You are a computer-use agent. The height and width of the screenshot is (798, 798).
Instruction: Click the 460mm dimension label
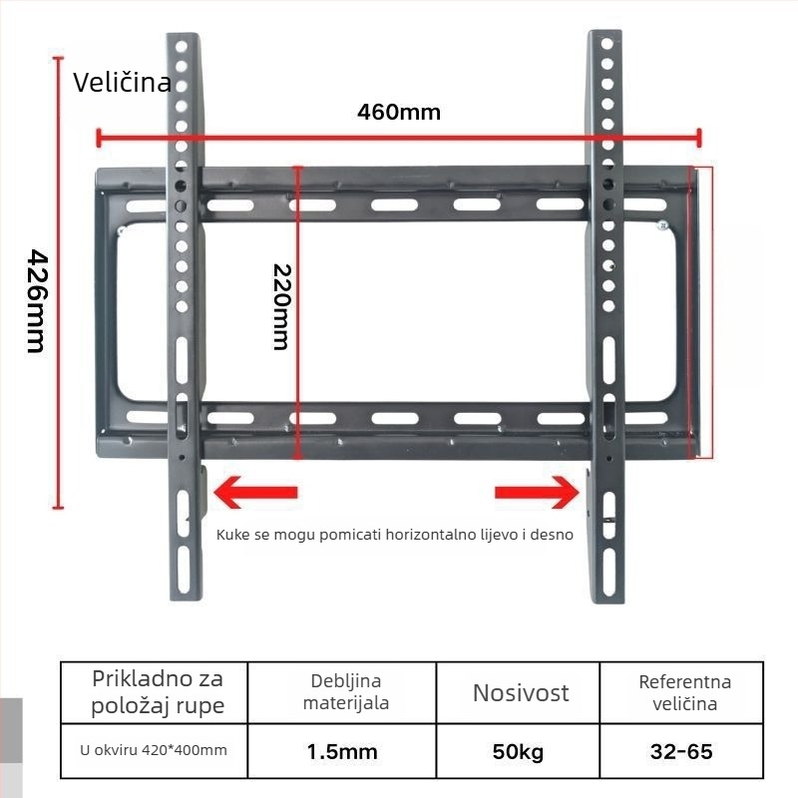[x=398, y=111]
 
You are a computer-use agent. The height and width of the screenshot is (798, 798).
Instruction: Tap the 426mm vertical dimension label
[x=36, y=299]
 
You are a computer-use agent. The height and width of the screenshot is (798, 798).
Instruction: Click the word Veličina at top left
[x=122, y=82]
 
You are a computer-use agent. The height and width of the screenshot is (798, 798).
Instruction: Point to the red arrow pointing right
[x=538, y=492]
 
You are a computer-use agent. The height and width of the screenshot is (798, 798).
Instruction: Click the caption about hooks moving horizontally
[x=395, y=534]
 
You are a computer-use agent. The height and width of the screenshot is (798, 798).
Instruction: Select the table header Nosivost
[x=521, y=692]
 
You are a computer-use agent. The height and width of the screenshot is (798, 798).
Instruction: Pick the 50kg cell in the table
[x=519, y=751]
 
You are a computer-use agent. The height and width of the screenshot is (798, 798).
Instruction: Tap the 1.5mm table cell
[x=342, y=751]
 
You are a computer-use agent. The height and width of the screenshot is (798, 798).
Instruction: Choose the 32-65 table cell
[x=681, y=751]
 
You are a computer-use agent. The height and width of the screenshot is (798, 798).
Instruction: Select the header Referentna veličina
[x=684, y=692]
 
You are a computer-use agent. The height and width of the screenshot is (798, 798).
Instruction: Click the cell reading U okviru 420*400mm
[x=154, y=750]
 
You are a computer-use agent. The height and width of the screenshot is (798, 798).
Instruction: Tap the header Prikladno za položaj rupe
[x=158, y=692]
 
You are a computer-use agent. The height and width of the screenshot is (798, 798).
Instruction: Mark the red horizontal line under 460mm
[x=398, y=138]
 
